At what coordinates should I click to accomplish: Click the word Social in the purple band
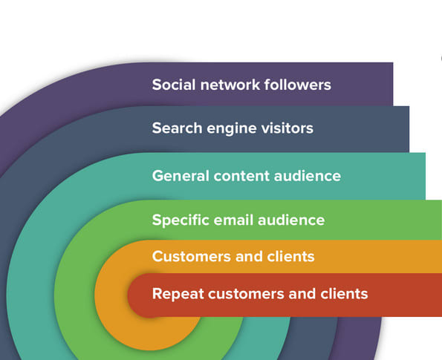pos(173,84)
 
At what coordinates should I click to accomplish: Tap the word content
pos(238,176)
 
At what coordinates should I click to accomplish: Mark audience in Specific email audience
pos(289,220)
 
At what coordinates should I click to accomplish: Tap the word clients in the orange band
pos(289,257)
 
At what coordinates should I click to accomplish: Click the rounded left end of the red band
pos(136,295)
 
